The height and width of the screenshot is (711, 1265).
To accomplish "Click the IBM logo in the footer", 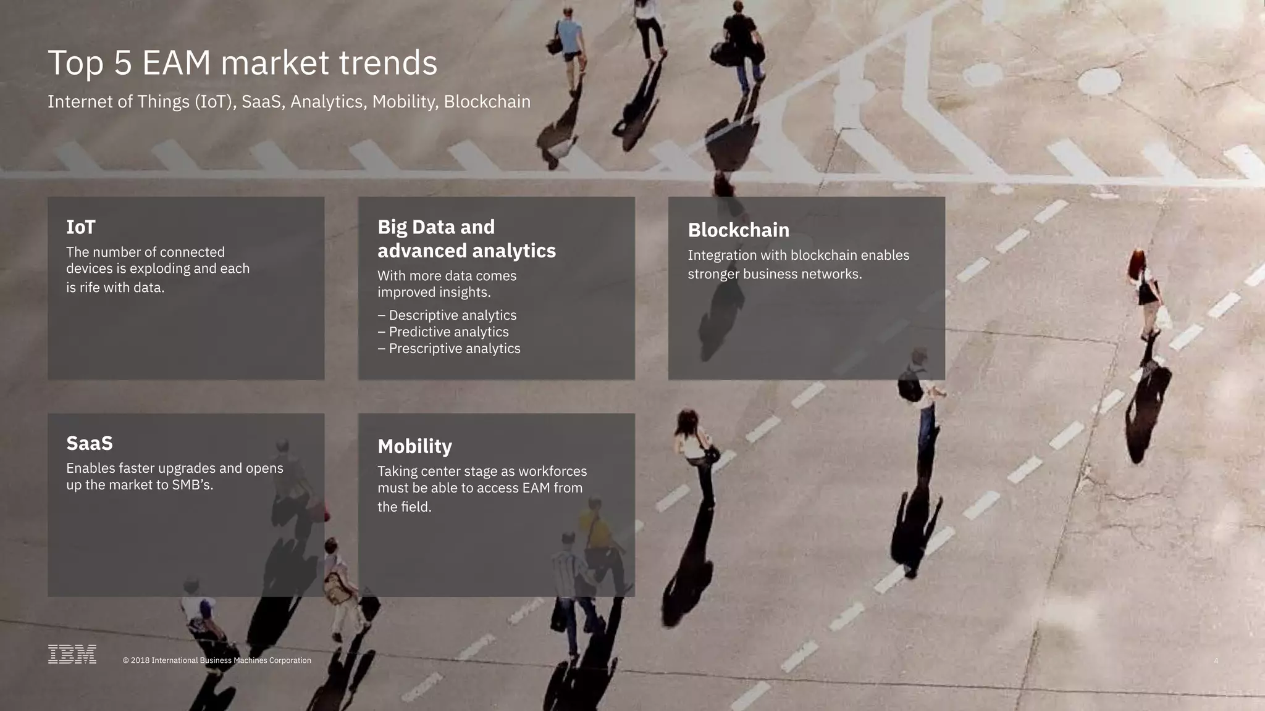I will tap(72, 654).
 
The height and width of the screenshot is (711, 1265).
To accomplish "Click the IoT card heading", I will tap(81, 227).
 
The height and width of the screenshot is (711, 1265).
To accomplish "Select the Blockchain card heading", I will tap(738, 230).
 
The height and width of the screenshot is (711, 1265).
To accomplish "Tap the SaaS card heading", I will tap(90, 443).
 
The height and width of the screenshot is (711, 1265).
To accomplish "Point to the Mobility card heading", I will tap(414, 446).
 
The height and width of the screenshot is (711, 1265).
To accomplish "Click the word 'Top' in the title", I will tap(75, 63).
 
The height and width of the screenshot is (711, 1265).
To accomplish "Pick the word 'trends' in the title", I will tap(388, 63).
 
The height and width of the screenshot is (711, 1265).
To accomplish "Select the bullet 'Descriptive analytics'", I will tap(452, 315).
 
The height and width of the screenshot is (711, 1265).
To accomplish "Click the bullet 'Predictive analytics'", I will tap(448, 332).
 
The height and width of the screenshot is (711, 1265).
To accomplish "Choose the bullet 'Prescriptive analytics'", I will tap(454, 349).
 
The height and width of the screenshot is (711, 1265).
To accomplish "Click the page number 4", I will tap(1216, 661).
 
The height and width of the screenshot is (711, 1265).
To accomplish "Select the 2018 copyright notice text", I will tap(217, 660).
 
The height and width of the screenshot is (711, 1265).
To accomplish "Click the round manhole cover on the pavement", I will tap(1099, 81).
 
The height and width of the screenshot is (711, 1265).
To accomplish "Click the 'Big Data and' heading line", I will tap(436, 227).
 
